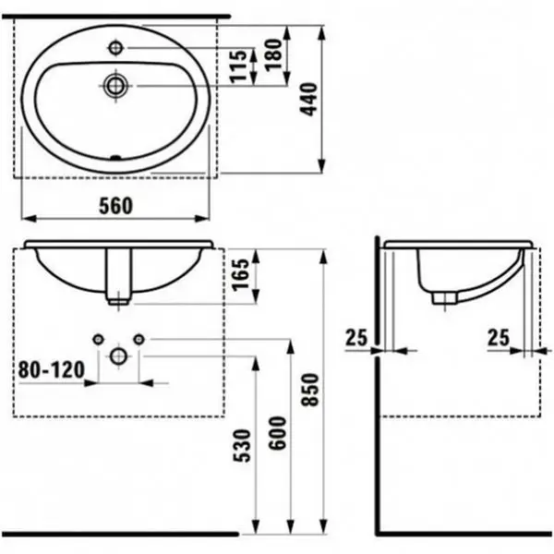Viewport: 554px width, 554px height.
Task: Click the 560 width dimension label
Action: tap(115, 206)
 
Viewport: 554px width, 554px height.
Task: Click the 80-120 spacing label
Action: tap(51, 370)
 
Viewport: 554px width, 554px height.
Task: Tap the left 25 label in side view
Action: tap(356, 339)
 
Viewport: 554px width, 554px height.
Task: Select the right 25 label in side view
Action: tap(499, 339)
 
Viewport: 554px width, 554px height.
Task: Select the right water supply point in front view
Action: tap(139, 339)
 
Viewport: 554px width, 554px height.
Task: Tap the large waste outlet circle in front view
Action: tap(118, 355)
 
